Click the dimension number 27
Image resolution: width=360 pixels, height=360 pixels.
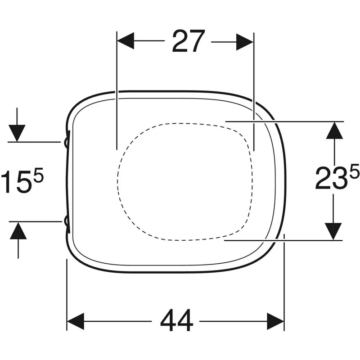(x=188, y=41)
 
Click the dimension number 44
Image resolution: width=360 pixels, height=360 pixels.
(x=176, y=320)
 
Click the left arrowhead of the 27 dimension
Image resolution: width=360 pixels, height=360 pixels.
(x=126, y=41)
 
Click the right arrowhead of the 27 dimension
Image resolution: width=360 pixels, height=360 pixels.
(x=245, y=42)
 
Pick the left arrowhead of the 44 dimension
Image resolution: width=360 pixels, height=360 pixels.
(x=75, y=321)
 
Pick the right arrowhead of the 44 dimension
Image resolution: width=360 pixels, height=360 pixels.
(x=275, y=321)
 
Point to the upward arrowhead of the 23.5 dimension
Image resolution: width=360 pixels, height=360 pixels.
(x=334, y=130)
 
